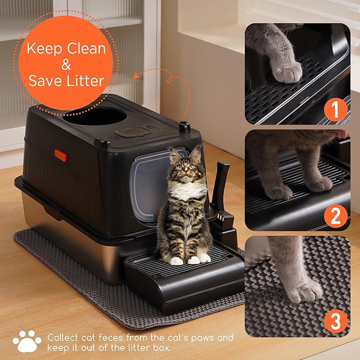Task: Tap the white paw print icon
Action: point(27,341)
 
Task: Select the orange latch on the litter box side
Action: point(60,156)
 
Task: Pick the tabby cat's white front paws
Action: point(188,259)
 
